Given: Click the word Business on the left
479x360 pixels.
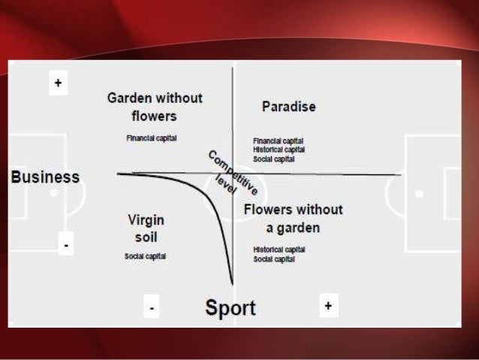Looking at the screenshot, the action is (45, 177).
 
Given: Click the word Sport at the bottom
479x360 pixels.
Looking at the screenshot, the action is (230, 307).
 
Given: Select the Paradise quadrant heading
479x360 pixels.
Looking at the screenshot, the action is (288, 107).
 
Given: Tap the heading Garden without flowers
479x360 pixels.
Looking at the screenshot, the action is (155, 107).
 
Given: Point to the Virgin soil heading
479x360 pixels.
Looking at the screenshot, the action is (146, 228).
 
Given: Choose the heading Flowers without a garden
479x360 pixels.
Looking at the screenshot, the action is (293, 218).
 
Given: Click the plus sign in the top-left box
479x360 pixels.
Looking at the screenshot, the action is (58, 83).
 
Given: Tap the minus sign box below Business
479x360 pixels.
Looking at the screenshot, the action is (66, 244).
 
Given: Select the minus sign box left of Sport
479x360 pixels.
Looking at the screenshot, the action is (152, 307).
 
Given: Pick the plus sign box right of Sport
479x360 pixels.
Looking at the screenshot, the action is (328, 306).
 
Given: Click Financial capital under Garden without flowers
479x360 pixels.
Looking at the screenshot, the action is (152, 139).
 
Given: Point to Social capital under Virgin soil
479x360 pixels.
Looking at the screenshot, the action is (146, 256).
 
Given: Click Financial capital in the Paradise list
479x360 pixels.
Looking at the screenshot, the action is (279, 141).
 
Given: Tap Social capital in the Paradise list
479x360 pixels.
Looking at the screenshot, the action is (274, 159).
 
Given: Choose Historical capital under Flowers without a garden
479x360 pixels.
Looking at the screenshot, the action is (279, 250).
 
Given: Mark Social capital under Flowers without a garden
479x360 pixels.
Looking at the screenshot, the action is (274, 259).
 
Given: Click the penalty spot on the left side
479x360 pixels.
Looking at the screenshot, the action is (53, 193).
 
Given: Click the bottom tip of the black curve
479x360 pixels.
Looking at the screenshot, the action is (232, 283).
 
